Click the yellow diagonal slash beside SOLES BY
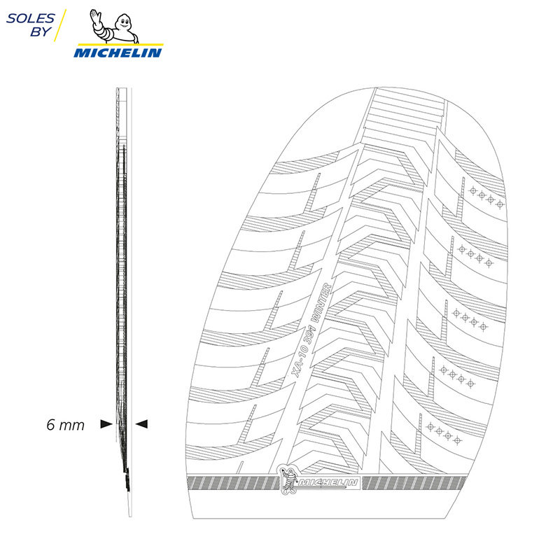pos(60,26)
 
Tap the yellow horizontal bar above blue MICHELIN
pos(118,45)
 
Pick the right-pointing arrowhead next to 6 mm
pos(106,423)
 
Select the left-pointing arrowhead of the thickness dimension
pos(142,423)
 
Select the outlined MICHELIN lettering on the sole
pos(328,484)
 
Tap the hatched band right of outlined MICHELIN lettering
pos(413,483)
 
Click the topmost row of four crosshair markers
pos(486,196)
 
